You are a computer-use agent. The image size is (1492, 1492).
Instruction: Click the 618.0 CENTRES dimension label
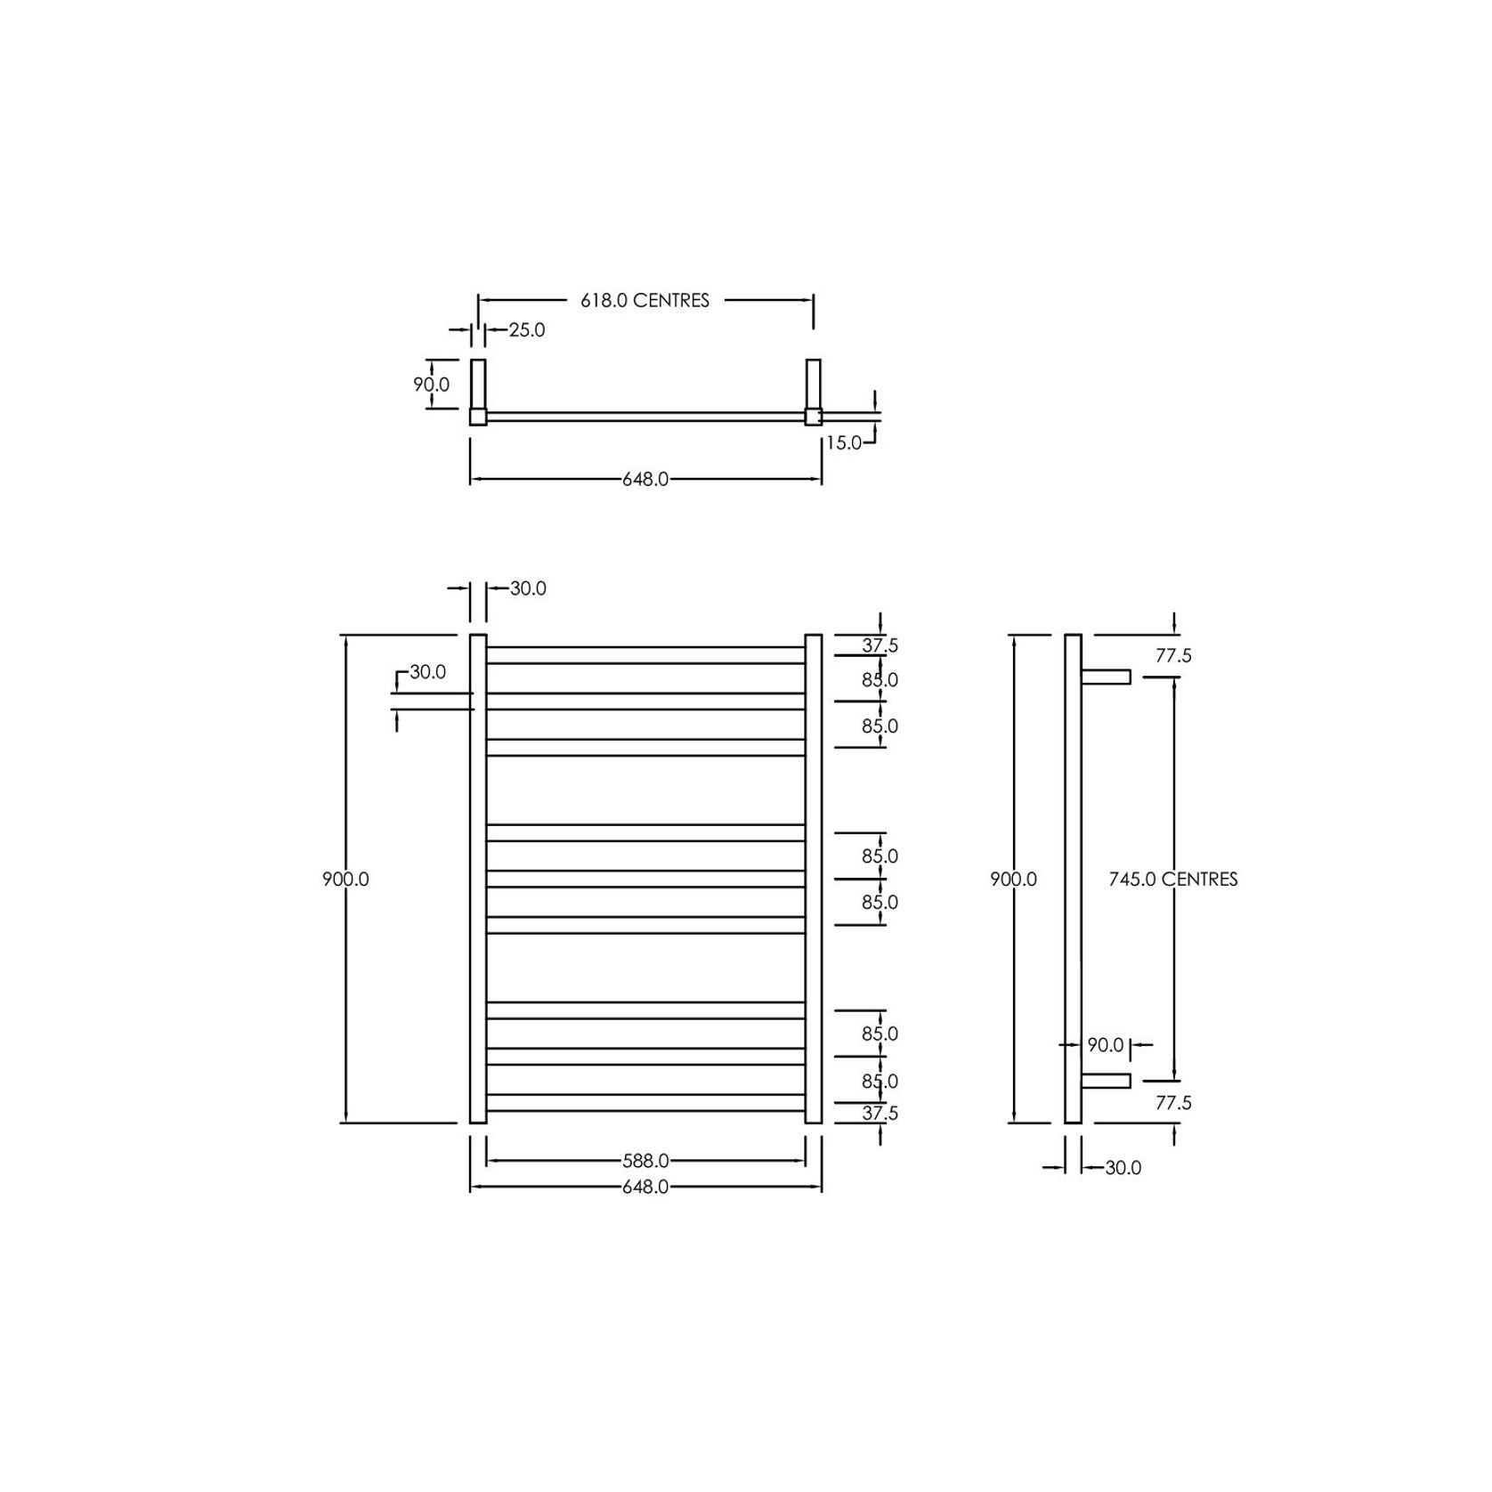click(x=645, y=301)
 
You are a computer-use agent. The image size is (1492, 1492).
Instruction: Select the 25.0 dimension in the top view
click(x=526, y=330)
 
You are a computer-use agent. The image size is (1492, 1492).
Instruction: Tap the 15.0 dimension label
click(x=843, y=442)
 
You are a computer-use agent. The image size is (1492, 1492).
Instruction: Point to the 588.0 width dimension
click(x=645, y=1161)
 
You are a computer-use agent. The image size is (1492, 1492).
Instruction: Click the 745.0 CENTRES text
click(x=1172, y=880)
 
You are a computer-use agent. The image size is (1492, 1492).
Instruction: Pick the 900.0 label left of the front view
click(x=345, y=880)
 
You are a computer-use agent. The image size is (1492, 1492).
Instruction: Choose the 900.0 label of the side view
click(x=1013, y=880)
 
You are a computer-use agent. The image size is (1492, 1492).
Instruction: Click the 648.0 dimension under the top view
click(x=645, y=480)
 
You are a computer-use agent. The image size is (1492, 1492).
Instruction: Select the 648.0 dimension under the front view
click(x=645, y=1188)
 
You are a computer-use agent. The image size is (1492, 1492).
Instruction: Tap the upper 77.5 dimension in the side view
click(x=1172, y=656)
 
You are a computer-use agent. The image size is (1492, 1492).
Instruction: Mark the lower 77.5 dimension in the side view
click(x=1172, y=1103)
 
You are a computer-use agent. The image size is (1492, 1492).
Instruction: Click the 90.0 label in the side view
click(x=1106, y=1045)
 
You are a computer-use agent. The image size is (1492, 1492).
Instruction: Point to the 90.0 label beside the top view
click(x=431, y=385)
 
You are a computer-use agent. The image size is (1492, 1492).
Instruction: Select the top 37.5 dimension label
click(x=880, y=646)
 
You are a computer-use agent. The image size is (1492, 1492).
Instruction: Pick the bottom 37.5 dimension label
click(x=880, y=1114)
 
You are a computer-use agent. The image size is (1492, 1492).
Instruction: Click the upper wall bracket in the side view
click(x=1106, y=677)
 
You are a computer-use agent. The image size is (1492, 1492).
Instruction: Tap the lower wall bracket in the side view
click(x=1106, y=1081)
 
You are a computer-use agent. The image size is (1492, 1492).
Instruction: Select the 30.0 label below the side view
click(x=1123, y=1168)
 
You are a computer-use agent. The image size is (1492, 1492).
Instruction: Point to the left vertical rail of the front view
click(x=478, y=880)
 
